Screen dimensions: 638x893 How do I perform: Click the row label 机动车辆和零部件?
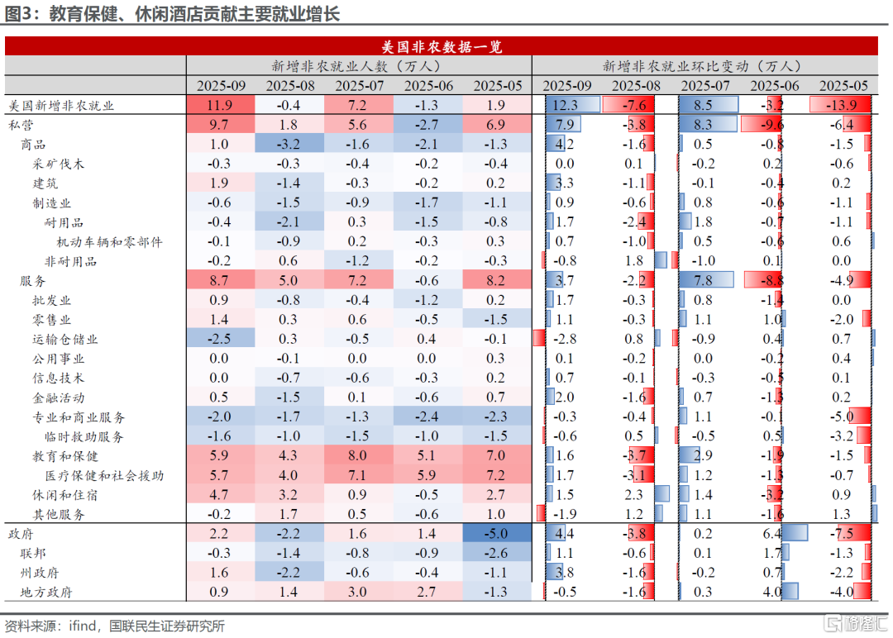(109, 241)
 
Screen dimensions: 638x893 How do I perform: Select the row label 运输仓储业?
(65, 339)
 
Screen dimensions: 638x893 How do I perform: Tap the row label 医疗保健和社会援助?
(104, 475)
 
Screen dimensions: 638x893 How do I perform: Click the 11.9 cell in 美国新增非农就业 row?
(220, 105)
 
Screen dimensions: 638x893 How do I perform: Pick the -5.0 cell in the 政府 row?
(497, 534)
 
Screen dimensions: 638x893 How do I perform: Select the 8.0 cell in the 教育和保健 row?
(358, 455)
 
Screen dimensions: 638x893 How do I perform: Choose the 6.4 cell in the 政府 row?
(772, 534)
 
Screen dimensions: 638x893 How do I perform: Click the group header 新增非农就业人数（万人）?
(358, 66)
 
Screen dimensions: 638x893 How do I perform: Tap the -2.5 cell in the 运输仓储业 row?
(220, 339)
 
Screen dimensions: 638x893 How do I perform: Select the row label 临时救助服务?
(84, 436)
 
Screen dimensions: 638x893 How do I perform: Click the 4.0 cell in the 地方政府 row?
(772, 592)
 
